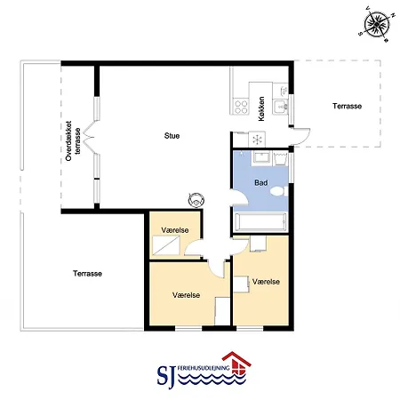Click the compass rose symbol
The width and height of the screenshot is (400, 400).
point(377,25)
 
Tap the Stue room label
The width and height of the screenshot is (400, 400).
point(172,136)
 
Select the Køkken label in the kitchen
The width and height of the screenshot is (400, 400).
point(261,108)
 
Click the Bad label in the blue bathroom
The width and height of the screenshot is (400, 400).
point(261,183)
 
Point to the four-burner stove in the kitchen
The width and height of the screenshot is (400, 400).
point(241,107)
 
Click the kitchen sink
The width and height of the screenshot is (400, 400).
point(280,106)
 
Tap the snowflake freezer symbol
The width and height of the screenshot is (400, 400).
point(257,140)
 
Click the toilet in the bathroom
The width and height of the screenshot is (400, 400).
point(279,191)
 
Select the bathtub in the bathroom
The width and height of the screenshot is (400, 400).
point(260,221)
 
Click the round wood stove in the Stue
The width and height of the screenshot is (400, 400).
point(196,200)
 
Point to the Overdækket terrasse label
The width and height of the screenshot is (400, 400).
point(73,140)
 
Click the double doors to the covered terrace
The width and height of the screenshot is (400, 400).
point(89,137)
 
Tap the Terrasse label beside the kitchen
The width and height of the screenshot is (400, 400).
point(347,106)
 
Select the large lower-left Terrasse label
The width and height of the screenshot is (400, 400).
point(87,274)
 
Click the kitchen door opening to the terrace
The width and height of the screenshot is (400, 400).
point(300,136)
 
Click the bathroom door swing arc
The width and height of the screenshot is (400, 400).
point(239,197)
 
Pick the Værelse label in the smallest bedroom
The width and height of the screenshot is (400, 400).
point(175,230)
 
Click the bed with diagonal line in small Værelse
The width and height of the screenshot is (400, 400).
point(166,245)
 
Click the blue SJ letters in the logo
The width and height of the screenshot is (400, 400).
point(166,377)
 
